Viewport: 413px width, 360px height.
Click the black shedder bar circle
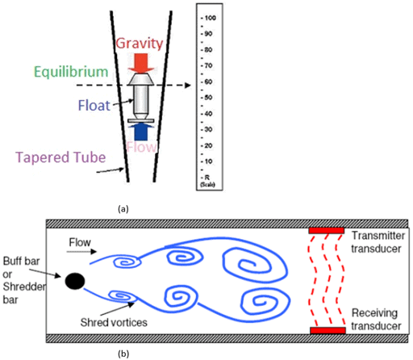(75, 280)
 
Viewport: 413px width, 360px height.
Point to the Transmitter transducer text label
(381, 241)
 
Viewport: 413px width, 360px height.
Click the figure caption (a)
(123, 207)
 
